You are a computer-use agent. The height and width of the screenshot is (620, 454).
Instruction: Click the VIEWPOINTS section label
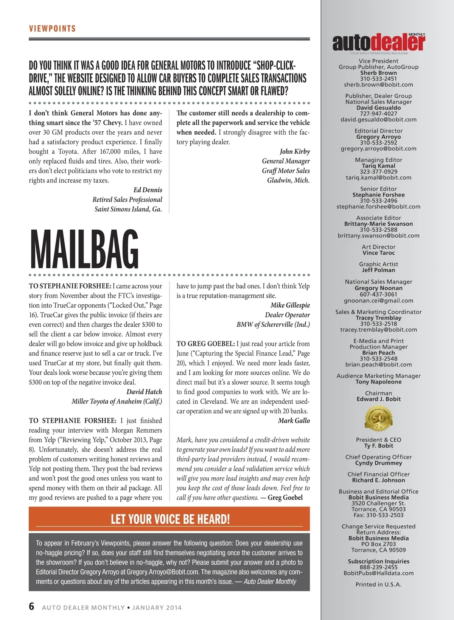tap(52, 29)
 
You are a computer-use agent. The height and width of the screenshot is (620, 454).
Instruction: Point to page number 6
tap(32, 606)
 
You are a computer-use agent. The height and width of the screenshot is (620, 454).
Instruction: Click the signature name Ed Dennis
tap(148, 190)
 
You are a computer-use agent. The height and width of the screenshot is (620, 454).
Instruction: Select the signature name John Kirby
tap(294, 151)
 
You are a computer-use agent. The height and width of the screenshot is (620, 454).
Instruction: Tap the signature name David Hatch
tap(144, 392)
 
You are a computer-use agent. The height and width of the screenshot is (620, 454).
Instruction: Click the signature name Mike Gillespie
tap(290, 305)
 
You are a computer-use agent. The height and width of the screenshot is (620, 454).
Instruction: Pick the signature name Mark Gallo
tap(294, 421)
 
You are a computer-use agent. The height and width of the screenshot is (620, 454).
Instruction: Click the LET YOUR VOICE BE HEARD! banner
tap(170, 519)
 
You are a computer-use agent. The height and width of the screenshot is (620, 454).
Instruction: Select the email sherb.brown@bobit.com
tap(378, 85)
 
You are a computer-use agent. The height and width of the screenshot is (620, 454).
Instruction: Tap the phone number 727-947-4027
tap(378, 114)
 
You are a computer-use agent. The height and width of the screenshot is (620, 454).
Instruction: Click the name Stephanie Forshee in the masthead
tap(378, 195)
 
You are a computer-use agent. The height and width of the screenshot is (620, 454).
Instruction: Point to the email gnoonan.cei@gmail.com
tap(378, 301)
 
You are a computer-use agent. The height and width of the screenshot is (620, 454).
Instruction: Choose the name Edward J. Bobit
tap(378, 399)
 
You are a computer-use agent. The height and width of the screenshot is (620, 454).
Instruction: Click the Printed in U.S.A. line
tap(378, 584)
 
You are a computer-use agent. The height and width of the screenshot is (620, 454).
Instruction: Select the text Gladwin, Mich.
tap(288, 180)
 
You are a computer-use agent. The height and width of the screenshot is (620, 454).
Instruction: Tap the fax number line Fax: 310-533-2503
tap(378, 515)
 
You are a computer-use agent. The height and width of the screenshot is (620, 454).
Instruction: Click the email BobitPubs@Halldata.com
tap(378, 573)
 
